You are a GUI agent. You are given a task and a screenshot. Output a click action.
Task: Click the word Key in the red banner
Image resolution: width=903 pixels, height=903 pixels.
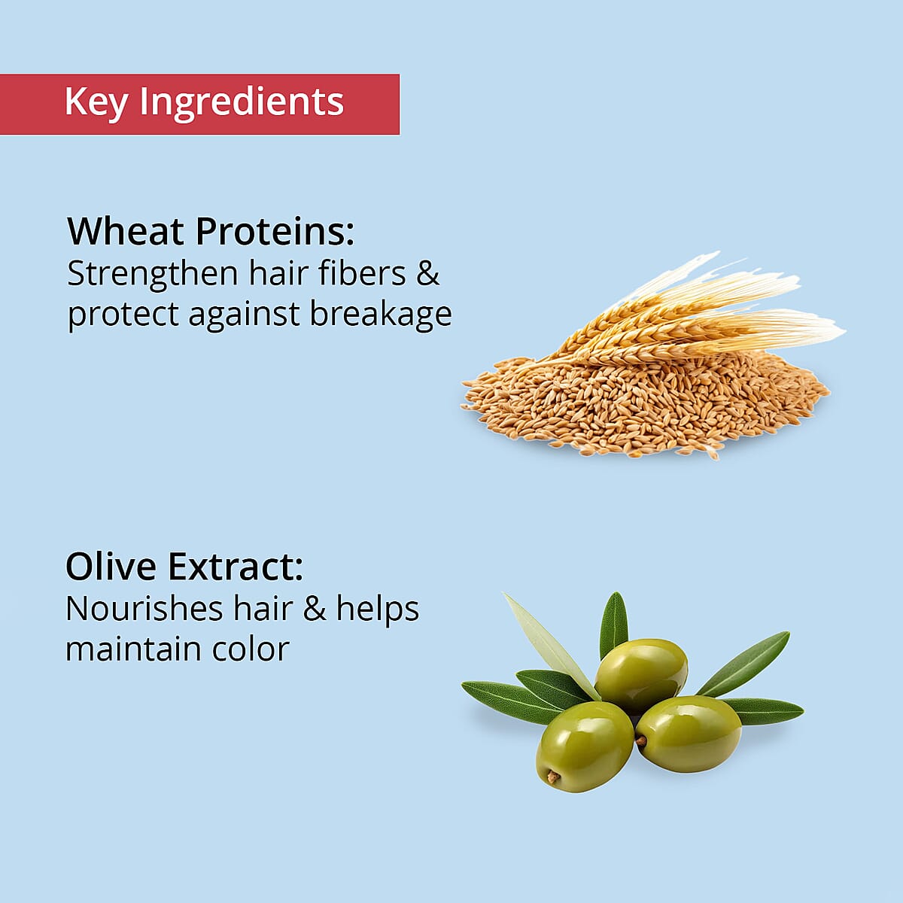pos(96,103)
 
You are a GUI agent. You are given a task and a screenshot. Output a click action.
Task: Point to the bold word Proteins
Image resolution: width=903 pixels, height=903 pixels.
pos(275,232)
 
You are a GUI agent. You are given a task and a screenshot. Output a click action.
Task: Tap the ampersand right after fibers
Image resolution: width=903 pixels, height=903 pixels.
pos(427,273)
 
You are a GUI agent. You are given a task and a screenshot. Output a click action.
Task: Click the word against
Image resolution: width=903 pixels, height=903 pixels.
pos(244,315)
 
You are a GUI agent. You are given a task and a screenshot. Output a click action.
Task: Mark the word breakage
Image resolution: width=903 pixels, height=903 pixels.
pos(381,315)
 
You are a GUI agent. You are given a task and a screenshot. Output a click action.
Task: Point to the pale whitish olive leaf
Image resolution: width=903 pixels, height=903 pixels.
pos(552,646)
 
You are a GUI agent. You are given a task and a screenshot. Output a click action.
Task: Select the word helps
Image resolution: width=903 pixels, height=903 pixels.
pos(378,610)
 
